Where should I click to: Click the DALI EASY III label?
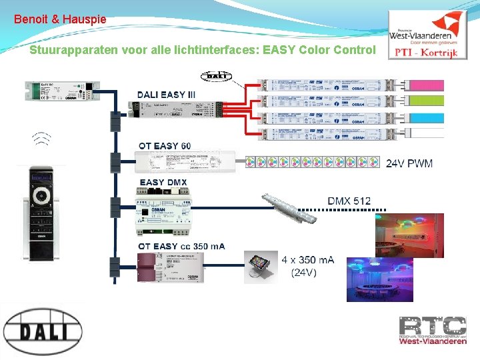pyautogui.click(x=166, y=95)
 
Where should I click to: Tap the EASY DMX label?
pyautogui.click(x=163, y=182)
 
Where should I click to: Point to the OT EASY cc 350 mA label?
pyautogui.click(x=181, y=246)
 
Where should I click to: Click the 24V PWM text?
pyautogui.click(x=409, y=163)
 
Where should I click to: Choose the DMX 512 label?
pyautogui.click(x=349, y=201)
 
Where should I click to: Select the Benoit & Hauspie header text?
pyautogui.click(x=60, y=19)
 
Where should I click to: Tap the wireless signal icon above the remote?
pyautogui.click(x=42, y=138)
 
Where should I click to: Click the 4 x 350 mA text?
pyautogui.click(x=307, y=259)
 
